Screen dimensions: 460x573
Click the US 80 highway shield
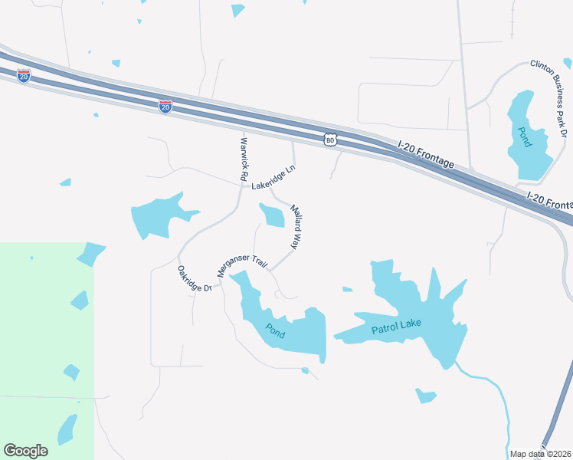pos(329,140)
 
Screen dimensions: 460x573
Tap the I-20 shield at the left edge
pos(24,75)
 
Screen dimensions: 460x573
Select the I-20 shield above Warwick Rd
pos(165,107)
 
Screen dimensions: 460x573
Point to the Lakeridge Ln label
pos(273,177)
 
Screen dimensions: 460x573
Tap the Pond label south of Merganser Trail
pos(276,330)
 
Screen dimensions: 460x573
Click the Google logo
pos(25,451)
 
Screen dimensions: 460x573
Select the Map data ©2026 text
pos(540,454)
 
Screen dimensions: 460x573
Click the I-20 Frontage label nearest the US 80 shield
pos(426,154)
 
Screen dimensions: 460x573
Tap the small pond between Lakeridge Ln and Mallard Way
pos(273,215)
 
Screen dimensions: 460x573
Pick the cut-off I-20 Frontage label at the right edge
pos(550,202)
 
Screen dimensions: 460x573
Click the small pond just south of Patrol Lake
pos(425,396)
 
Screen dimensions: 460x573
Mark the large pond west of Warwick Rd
pos(157,214)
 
